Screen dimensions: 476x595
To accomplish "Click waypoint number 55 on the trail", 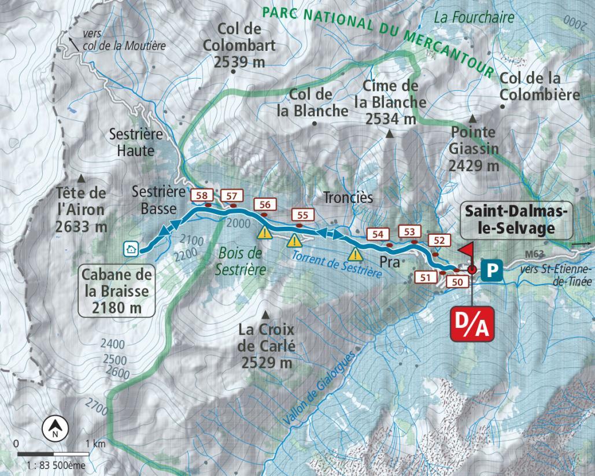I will click(x=302, y=215).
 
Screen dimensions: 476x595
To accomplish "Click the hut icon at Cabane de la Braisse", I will click(x=131, y=249).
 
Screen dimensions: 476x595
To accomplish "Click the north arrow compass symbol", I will click(x=56, y=427).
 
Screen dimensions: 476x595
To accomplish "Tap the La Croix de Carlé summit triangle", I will click(x=265, y=315).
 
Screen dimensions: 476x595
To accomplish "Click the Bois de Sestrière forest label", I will click(x=239, y=261).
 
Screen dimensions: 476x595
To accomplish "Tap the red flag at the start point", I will click(x=467, y=250).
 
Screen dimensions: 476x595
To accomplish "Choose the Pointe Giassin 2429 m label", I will click(x=474, y=149).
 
